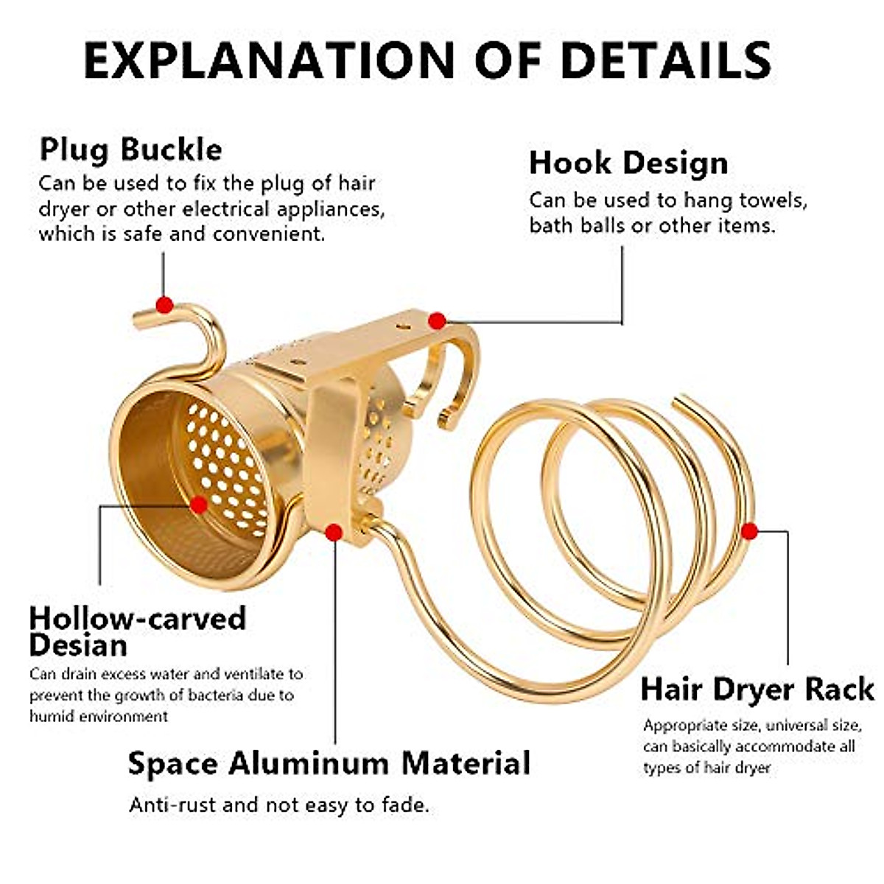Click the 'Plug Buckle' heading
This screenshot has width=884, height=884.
130,150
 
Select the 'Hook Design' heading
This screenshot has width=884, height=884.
628,164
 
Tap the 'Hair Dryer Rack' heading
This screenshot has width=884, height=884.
757,690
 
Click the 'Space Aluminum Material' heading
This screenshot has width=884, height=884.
329,763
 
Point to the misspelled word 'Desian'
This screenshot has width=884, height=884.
78,645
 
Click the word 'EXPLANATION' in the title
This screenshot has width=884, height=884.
270,60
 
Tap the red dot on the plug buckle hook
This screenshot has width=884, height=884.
165,304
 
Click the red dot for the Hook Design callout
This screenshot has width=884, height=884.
437,320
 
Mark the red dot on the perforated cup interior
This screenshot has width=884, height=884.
198,505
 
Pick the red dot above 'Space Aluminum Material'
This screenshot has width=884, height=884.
334,533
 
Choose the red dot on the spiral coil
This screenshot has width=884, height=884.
749,530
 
